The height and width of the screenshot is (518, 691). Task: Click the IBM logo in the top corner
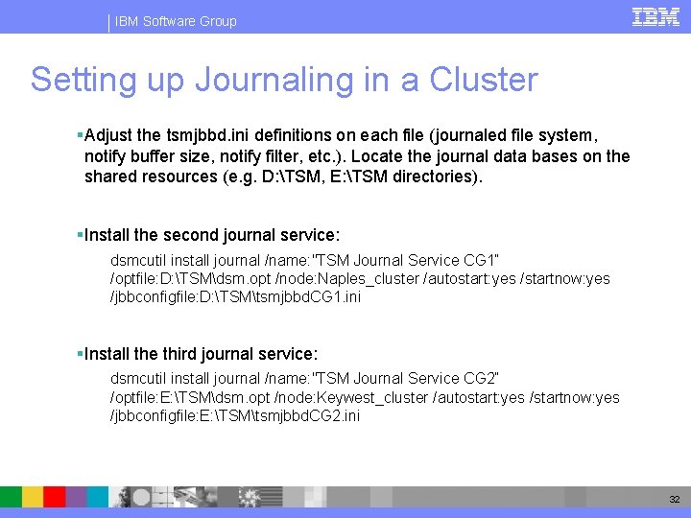coord(656,16)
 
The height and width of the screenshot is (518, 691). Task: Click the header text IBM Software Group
coord(176,21)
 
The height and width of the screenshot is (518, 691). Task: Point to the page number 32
coord(674,500)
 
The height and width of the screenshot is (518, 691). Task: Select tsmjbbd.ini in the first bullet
coord(198,136)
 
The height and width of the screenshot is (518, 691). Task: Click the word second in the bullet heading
coord(198,235)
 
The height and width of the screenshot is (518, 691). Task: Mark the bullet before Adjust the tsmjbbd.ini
coord(80,136)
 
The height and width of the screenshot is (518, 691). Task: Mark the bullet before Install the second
coord(80,235)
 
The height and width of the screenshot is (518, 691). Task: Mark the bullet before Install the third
coord(80,354)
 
